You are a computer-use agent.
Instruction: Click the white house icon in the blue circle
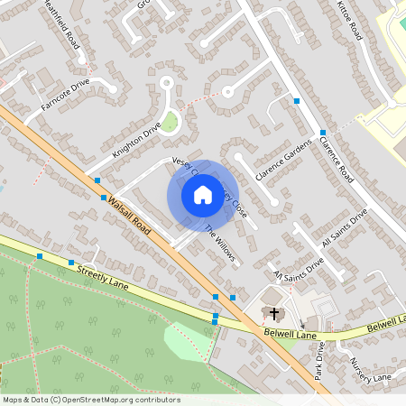202,195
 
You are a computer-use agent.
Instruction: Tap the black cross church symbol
274,313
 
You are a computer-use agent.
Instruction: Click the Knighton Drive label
135,142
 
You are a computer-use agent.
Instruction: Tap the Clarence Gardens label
282,158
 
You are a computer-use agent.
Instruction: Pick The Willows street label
219,243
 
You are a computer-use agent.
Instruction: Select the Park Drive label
318,356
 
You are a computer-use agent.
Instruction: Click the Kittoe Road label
349,20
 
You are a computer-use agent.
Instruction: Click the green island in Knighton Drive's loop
169,121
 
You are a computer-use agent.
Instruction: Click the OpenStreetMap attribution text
91,399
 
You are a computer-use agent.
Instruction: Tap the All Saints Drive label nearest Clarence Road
346,229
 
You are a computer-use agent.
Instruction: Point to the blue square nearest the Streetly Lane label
71,263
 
